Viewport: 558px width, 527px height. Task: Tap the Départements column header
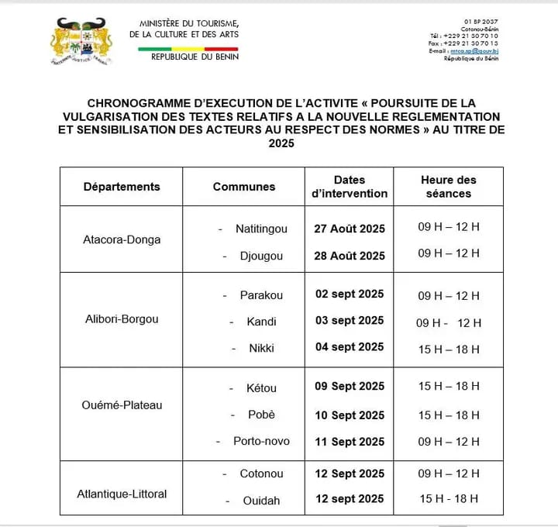coord(122,187)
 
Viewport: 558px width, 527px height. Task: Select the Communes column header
coord(244,187)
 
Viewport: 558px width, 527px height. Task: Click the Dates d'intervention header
coord(350,187)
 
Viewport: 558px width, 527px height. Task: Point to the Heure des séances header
coord(449,187)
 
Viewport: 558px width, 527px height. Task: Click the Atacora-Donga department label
coord(122,239)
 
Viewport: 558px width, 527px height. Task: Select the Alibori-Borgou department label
coord(121,319)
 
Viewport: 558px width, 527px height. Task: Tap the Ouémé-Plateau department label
coord(121,405)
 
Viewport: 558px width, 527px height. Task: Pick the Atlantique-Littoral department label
coord(122,494)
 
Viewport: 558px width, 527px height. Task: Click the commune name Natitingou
coord(260,229)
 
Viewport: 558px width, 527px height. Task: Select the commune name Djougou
coord(261,256)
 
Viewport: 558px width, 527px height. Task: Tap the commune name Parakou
coord(261,295)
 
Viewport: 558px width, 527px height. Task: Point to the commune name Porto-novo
coord(261,441)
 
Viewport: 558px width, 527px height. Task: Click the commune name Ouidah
coord(260,500)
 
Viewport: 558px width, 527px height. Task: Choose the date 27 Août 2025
coord(350,229)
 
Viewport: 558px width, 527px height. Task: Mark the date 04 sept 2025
coord(350,347)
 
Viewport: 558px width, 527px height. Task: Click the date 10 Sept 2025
coord(350,415)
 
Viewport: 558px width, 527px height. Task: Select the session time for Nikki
coord(449,349)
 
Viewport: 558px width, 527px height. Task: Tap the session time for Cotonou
coord(449,474)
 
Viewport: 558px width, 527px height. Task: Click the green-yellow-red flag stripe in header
coord(188,49)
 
